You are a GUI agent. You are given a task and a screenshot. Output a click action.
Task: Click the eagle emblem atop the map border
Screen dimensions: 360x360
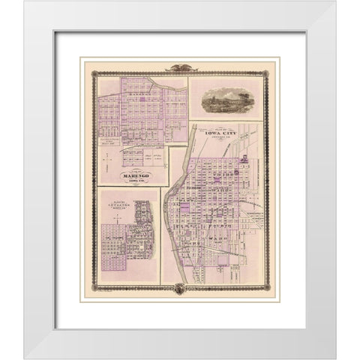pyautogui.click(x=180, y=67)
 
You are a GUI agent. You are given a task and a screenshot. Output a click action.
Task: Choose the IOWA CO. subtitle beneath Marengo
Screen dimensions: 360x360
pyautogui.click(x=136, y=182)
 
